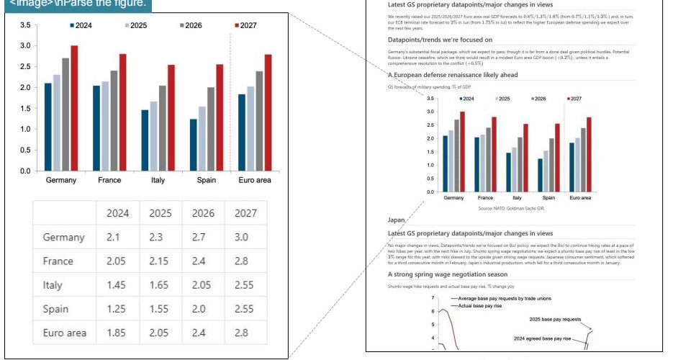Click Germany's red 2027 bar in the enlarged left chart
tap(74, 108)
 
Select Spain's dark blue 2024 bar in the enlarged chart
tap(193, 145)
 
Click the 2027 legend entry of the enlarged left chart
tap(245, 25)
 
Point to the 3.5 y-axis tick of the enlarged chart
tap(25, 25)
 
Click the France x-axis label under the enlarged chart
tap(109, 180)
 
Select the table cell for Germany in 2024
tap(118, 237)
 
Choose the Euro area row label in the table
tap(65, 332)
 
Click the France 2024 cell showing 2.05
tap(118, 261)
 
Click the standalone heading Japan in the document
tap(397, 219)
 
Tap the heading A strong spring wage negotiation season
tap(448, 274)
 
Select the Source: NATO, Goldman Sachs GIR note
tap(512, 208)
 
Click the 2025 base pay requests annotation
tap(555, 318)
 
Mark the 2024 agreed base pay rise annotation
tap(542, 338)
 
